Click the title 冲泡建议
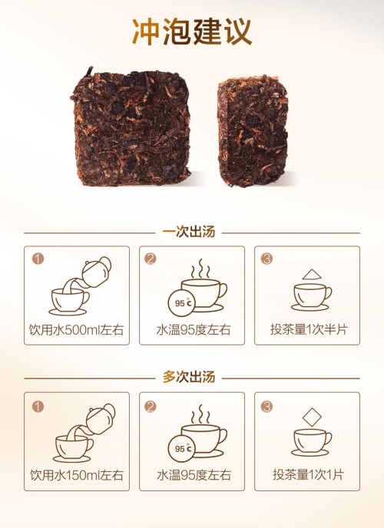point(192,33)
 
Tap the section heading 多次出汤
point(192,378)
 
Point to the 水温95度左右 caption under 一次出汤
point(192,331)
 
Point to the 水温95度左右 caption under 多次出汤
point(192,475)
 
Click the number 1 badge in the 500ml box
point(38,259)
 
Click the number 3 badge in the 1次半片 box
point(266,259)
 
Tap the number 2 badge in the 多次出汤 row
point(152,406)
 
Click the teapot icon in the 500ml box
point(96,269)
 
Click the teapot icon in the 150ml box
point(99,417)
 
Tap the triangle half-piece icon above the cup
point(311,274)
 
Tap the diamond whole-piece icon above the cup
point(311,418)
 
